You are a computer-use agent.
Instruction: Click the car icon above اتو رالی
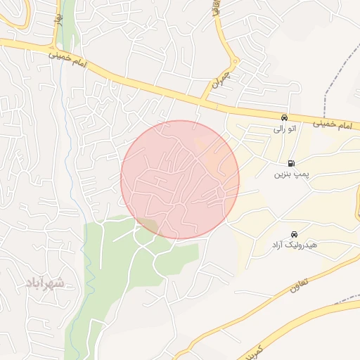point(283,118)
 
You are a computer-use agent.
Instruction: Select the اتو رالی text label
point(285,129)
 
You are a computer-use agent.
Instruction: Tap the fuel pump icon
point(291,163)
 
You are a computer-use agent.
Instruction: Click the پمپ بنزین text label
point(290,174)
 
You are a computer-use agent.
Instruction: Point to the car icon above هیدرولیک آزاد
point(294,234)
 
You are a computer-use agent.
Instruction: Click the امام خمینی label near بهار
point(68,59)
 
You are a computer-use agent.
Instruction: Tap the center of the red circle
point(180,179)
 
